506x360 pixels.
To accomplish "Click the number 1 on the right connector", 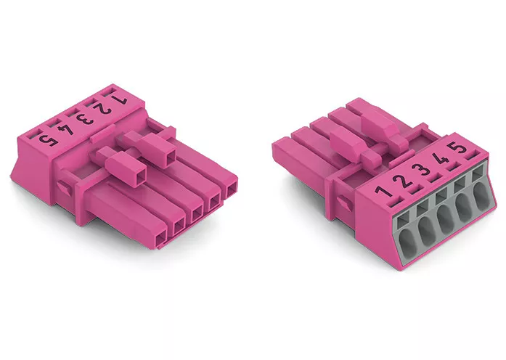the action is (384, 191).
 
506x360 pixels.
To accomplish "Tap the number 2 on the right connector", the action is (404, 180).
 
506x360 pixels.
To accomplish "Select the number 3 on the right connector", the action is (422, 169).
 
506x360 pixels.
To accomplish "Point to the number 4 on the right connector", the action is (441, 159).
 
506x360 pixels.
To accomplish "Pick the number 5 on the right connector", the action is (459, 148).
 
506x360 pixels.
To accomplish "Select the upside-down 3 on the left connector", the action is (85, 119).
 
